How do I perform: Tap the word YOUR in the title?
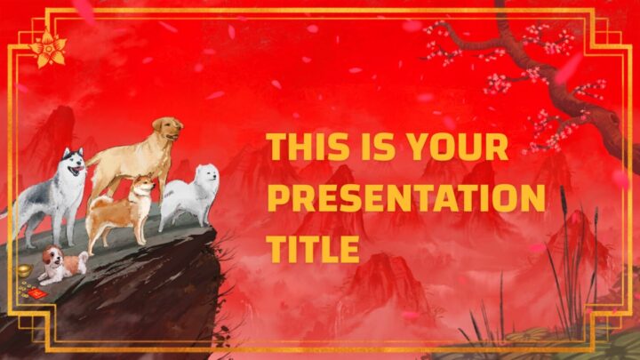pyautogui.click(x=458, y=147)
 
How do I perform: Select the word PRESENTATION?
pyautogui.click(x=405, y=197)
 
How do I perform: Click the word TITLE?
pyautogui.click(x=313, y=248)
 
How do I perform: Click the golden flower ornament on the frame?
pyautogui.click(x=48, y=50)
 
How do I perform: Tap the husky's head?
pyautogui.click(x=74, y=162)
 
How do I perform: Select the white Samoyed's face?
pyautogui.click(x=209, y=175)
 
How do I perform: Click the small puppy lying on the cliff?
pyautogui.click(x=63, y=265)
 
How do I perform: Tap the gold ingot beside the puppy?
pyautogui.click(x=25, y=270)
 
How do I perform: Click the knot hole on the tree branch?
pyautogui.click(x=612, y=120)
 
